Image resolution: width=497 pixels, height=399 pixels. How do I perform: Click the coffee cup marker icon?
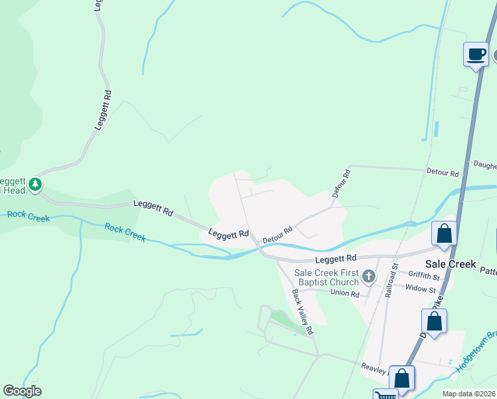point(475,54)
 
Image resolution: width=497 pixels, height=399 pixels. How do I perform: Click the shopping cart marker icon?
point(383,396)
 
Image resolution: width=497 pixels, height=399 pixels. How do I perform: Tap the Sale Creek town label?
point(453,264)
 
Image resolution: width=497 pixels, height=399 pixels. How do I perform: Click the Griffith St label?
point(424,275)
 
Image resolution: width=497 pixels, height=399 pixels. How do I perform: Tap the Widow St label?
point(422,289)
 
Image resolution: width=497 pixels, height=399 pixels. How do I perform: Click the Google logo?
point(22,391)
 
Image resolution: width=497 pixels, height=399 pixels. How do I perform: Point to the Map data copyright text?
point(469,394)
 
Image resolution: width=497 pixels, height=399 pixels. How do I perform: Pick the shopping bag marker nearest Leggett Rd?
point(444,233)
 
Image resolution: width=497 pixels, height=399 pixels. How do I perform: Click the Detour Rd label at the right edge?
point(445,174)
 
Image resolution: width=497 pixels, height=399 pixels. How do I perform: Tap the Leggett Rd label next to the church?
point(336,257)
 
